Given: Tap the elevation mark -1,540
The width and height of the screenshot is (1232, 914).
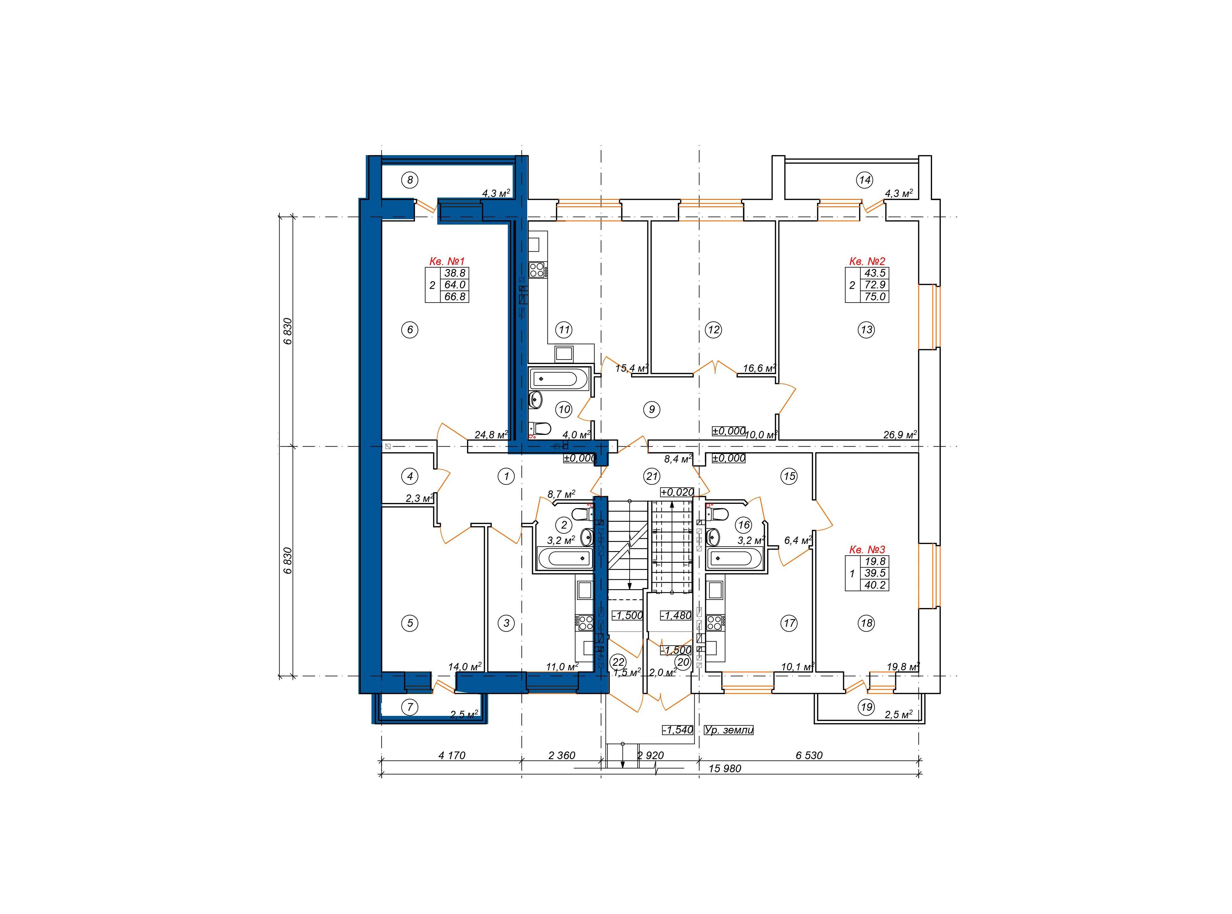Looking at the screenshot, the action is pyautogui.click(x=678, y=730).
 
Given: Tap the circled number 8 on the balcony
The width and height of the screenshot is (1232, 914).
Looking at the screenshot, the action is pyautogui.click(x=410, y=180).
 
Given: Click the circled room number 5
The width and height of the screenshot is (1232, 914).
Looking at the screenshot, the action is pyautogui.click(x=410, y=623).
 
